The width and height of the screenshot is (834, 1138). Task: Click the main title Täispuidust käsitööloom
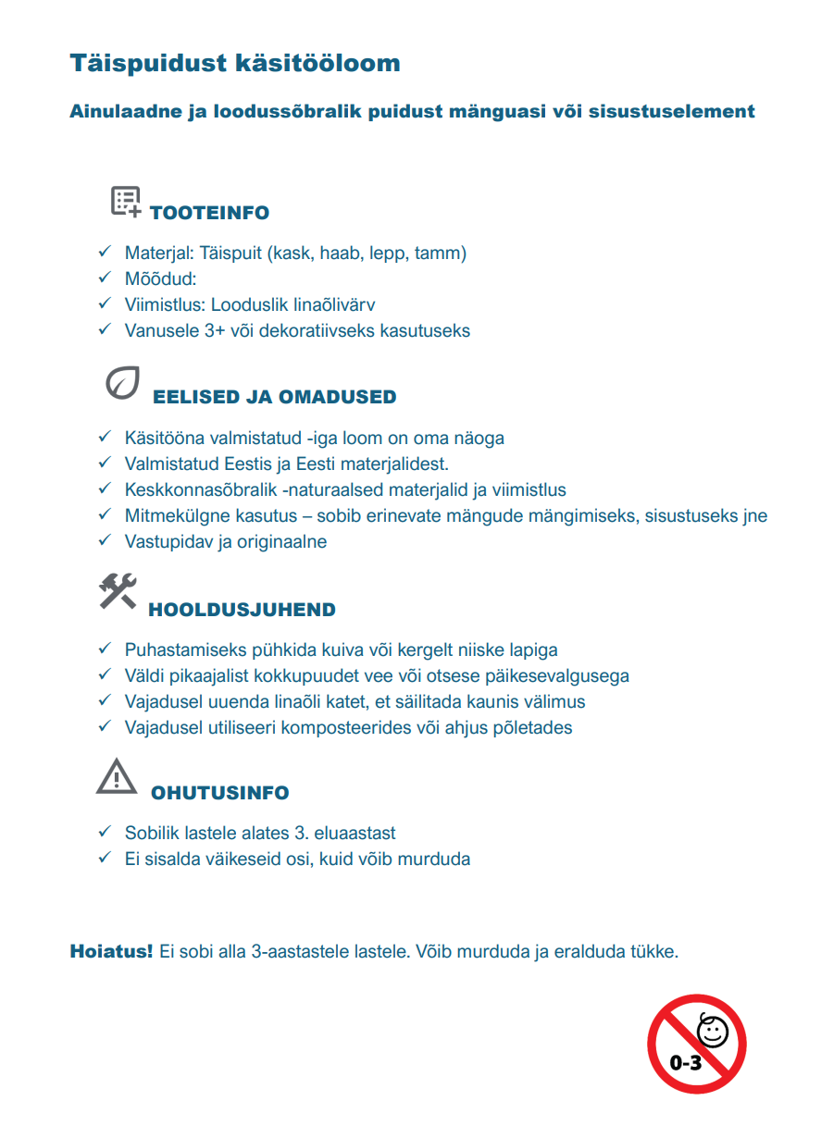point(235,64)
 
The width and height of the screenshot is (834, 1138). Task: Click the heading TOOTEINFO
point(209,213)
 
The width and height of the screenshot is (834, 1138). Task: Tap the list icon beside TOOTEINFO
point(126,201)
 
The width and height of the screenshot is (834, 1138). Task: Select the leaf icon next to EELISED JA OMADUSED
point(123,383)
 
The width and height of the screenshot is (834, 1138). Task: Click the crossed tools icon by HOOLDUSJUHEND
point(118,591)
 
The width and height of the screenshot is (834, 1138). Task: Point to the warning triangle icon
point(116,776)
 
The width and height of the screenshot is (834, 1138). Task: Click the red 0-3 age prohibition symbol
point(696,1044)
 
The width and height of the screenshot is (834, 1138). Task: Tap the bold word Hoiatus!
point(111,951)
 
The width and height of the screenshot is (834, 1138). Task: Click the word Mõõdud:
point(161,278)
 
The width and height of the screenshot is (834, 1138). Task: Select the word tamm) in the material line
point(441,253)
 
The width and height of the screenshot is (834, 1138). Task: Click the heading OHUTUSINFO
point(219,793)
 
